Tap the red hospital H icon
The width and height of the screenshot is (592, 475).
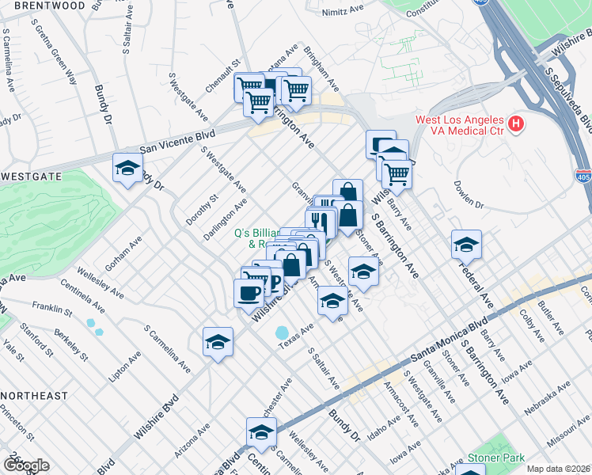(516, 123)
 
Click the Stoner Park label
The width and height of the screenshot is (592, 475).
(504, 458)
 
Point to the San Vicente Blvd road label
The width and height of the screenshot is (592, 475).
(177, 141)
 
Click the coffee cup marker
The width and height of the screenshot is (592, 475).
(249, 292)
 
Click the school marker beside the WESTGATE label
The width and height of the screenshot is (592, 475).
(127, 168)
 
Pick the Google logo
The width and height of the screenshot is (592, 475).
(26, 465)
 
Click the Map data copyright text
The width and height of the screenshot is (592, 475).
(559, 469)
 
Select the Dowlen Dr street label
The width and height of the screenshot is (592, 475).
(469, 195)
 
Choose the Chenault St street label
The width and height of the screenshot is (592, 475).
(224, 74)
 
